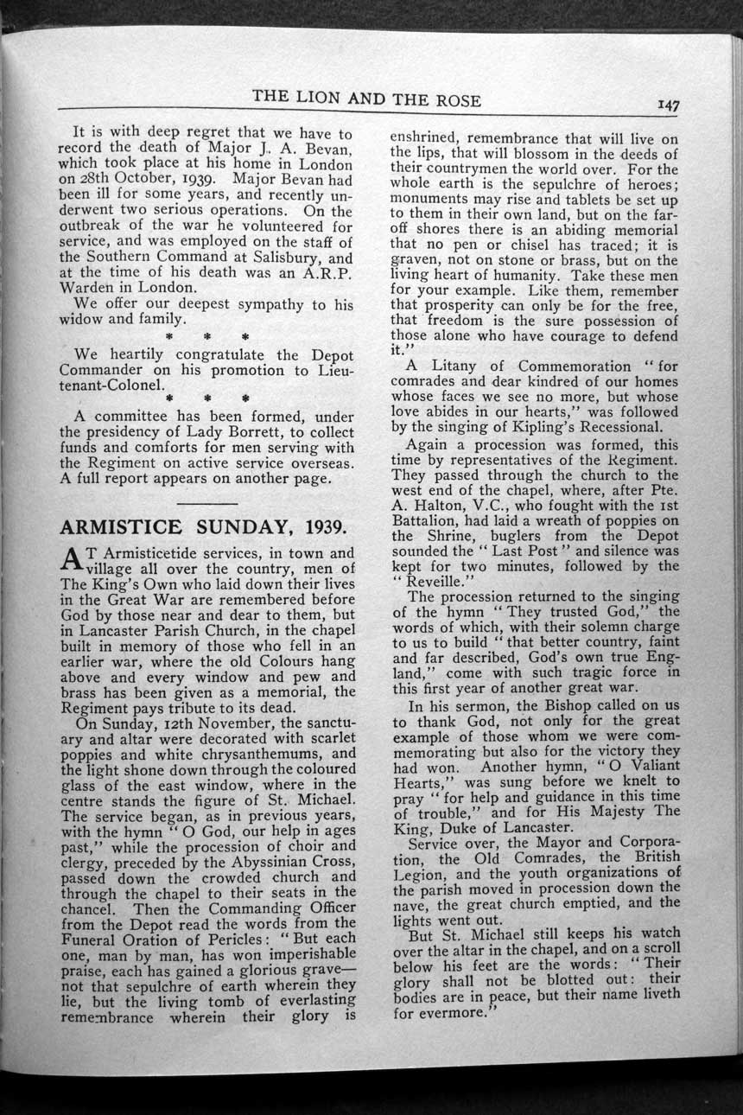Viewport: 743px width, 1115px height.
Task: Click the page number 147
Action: click(668, 105)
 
